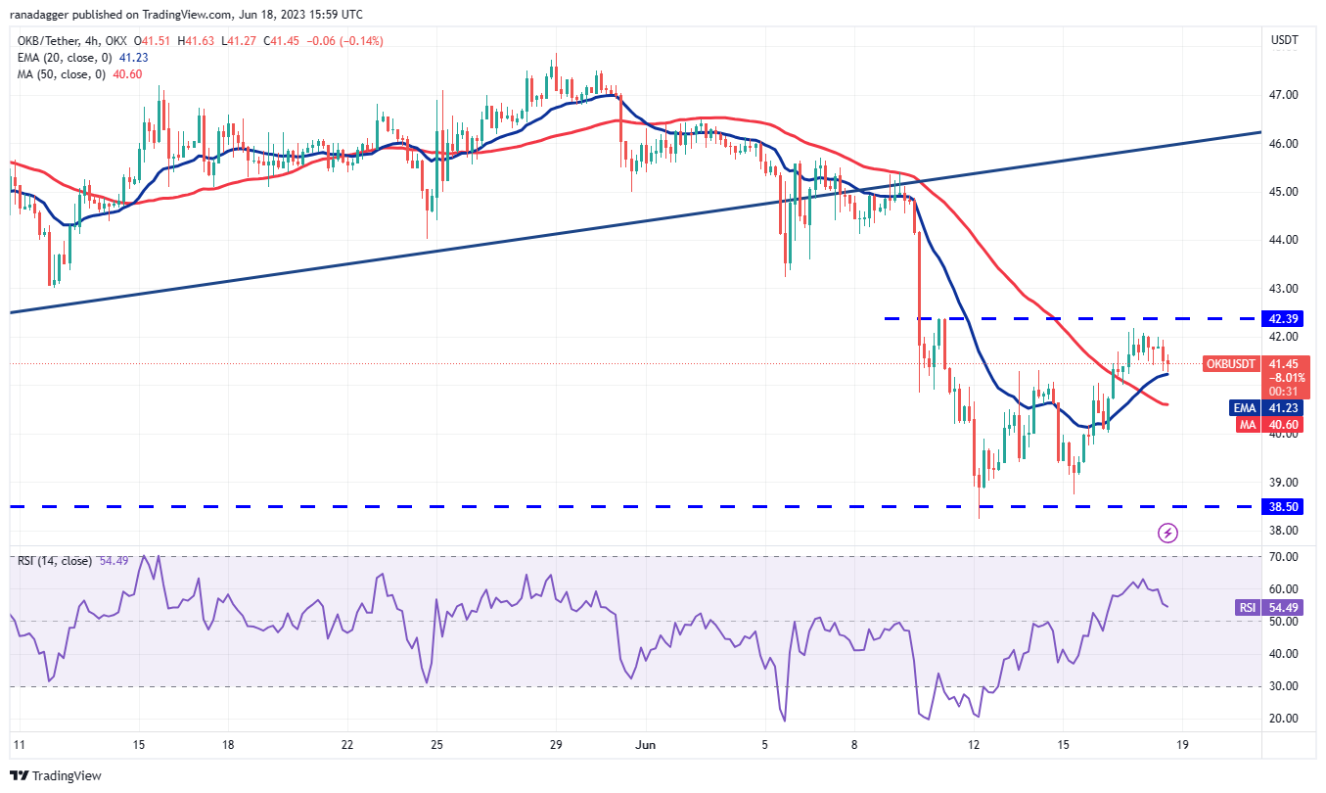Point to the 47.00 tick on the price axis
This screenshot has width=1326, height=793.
(x=1283, y=95)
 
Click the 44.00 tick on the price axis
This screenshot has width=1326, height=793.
(x=1283, y=240)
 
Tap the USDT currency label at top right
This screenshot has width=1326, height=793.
(x=1283, y=40)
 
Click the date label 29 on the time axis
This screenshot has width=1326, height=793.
(x=556, y=745)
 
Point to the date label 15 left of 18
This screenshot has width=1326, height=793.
(x=138, y=745)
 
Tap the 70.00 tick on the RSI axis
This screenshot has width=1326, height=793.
(x=1283, y=556)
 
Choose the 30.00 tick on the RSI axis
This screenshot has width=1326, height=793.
(x=1283, y=686)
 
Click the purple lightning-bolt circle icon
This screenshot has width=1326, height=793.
(x=1167, y=533)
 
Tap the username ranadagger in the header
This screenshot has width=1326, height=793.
(x=48, y=15)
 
